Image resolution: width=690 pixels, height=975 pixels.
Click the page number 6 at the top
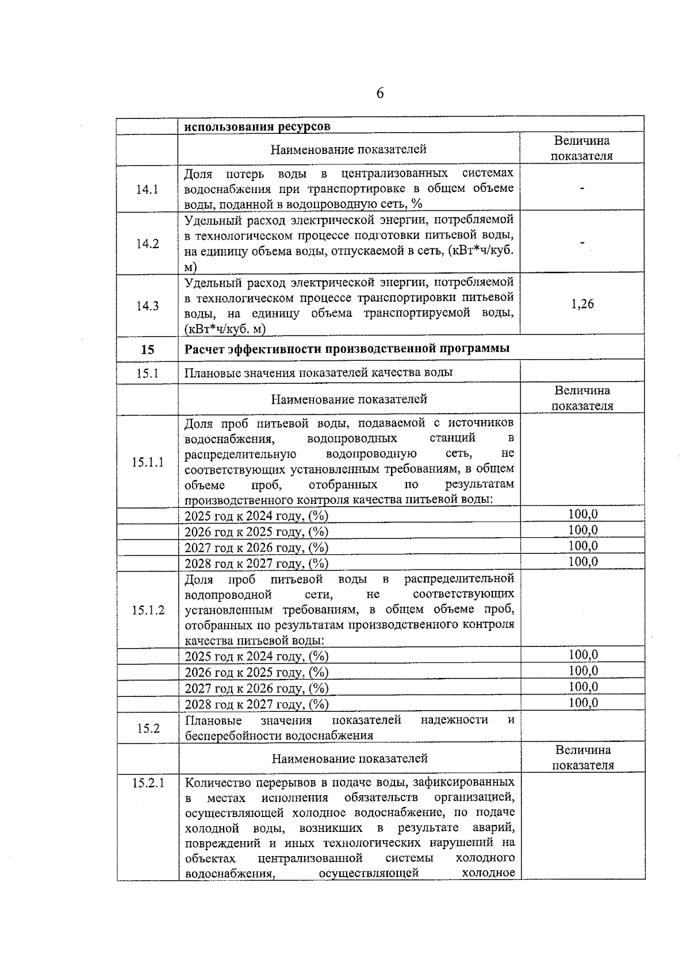tap(380, 94)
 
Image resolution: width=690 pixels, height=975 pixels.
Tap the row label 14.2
tap(147, 244)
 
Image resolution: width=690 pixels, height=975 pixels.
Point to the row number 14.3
tap(147, 306)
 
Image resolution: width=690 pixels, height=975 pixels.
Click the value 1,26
tap(582, 304)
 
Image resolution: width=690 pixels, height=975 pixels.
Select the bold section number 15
tap(147, 349)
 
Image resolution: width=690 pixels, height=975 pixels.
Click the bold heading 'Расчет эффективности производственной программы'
tap(347, 348)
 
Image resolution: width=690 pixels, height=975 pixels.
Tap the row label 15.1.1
tap(147, 462)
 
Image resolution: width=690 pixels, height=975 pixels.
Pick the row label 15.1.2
tap(148, 610)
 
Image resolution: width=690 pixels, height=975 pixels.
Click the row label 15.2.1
tap(148, 782)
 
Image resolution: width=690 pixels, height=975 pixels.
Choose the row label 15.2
tap(148, 728)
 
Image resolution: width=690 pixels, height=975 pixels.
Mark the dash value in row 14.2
tap(582, 244)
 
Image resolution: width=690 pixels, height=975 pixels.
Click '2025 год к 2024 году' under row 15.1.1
tap(256, 516)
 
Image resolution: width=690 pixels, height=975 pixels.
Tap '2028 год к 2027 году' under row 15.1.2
tap(256, 704)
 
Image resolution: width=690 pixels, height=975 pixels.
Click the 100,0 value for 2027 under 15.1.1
tap(583, 546)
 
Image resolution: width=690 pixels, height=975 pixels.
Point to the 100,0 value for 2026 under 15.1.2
tap(583, 671)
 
